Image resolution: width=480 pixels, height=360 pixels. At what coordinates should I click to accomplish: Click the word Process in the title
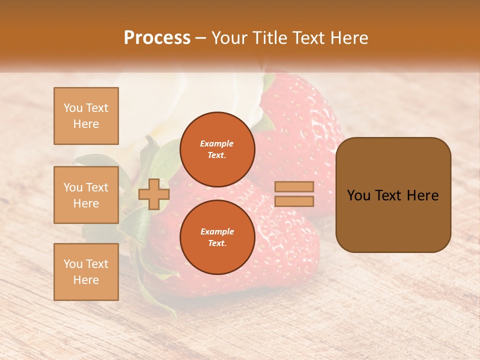click(x=157, y=38)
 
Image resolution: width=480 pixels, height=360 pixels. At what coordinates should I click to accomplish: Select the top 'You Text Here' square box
click(x=86, y=116)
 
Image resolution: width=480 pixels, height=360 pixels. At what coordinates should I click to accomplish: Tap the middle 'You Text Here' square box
click(x=86, y=195)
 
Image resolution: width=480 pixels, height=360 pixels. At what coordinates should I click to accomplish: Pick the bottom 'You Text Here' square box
click(x=86, y=272)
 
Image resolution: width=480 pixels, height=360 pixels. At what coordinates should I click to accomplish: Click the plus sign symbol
click(x=154, y=194)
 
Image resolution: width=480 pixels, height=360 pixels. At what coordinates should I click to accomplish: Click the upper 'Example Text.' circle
click(x=217, y=149)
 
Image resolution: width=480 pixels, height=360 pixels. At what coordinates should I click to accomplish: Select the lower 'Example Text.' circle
click(x=217, y=237)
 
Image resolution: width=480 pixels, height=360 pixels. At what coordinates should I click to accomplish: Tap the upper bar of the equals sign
click(x=294, y=186)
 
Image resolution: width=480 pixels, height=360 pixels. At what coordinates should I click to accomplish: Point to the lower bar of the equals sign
click(x=294, y=201)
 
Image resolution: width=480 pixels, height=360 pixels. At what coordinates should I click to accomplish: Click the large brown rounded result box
click(x=393, y=195)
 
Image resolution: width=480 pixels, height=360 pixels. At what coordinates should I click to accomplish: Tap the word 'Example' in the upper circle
click(x=217, y=143)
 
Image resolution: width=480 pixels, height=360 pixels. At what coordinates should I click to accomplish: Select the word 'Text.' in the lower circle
click(x=217, y=243)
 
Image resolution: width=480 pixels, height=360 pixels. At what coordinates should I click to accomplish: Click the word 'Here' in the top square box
click(x=86, y=124)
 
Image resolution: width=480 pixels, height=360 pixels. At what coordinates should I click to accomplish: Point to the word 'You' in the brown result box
click(x=358, y=195)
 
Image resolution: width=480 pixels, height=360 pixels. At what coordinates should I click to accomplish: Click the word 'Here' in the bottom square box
click(x=86, y=280)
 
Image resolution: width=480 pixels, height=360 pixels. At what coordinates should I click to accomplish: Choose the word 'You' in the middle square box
click(x=73, y=187)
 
